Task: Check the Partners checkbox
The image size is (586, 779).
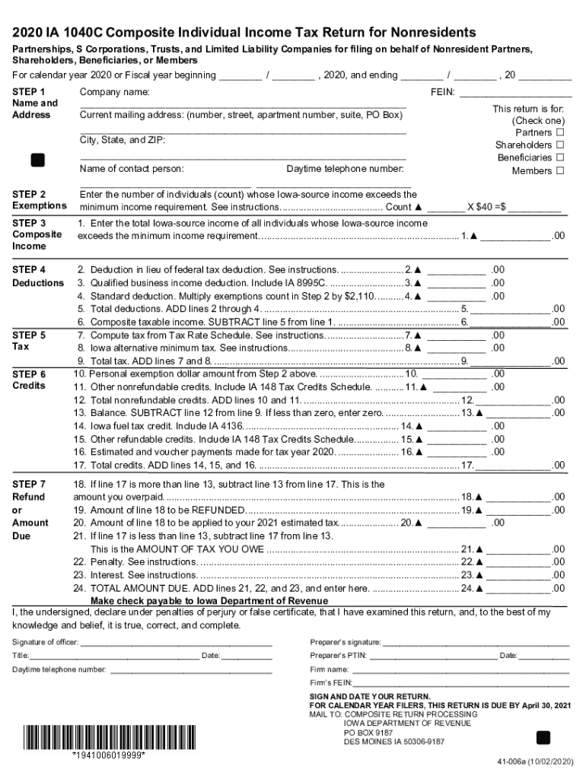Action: (x=560, y=132)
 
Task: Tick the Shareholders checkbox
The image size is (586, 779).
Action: (x=560, y=145)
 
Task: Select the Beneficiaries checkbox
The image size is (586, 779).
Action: (x=560, y=158)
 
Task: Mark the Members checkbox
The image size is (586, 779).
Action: (x=560, y=171)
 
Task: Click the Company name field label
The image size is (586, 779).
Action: (x=115, y=92)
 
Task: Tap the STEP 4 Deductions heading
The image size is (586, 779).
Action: (x=38, y=276)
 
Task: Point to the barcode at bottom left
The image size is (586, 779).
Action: (x=109, y=738)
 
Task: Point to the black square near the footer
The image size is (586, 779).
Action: (x=543, y=737)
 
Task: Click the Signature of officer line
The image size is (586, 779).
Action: (x=177, y=643)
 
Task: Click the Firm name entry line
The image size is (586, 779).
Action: (x=460, y=669)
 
